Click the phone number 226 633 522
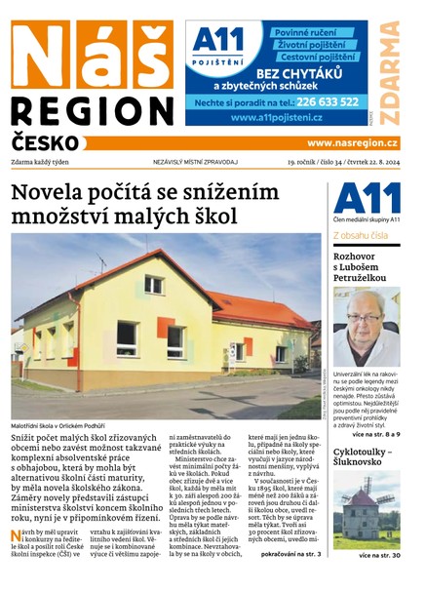pyautogui.click(x=326, y=100)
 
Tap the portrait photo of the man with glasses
pyautogui.click(x=366, y=327)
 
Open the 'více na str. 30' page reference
pyautogui.click(x=377, y=555)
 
